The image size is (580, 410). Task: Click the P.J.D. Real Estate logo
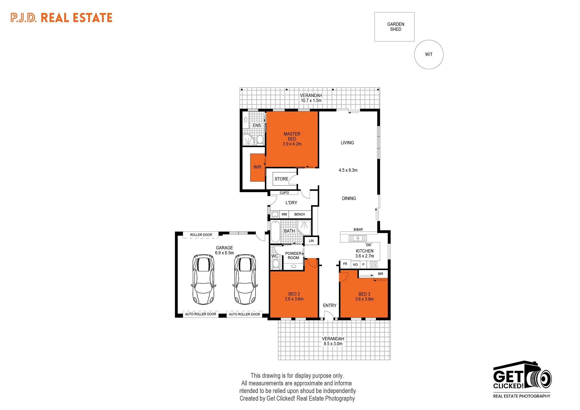(x=61, y=18)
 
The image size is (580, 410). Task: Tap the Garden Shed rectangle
(x=394, y=27)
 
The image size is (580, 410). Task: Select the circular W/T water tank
(x=429, y=54)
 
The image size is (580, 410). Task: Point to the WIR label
(x=257, y=167)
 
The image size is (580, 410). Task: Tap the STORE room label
(x=281, y=179)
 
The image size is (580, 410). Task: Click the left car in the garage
(x=203, y=279)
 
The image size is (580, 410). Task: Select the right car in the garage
(x=245, y=279)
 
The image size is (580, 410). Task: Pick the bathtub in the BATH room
(x=275, y=232)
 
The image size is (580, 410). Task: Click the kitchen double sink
(x=358, y=238)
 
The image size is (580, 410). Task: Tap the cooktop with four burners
(x=374, y=265)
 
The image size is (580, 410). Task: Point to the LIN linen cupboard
(x=311, y=241)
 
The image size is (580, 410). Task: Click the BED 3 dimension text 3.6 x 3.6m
(x=364, y=299)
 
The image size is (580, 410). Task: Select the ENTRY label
(x=329, y=305)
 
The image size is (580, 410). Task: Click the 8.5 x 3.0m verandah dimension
(x=333, y=344)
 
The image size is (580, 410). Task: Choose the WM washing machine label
(x=284, y=215)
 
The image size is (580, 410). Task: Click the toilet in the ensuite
(x=260, y=140)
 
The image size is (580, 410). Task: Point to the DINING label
(x=349, y=199)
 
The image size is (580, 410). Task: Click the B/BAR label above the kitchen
(x=358, y=230)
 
